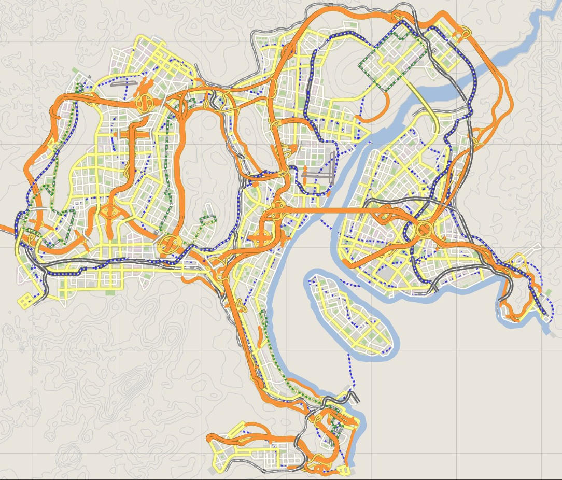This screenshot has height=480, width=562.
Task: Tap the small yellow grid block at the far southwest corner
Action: tap(25, 300)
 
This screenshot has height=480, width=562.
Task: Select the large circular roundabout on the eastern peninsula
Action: tap(424, 229)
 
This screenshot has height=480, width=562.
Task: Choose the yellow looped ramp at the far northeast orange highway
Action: tap(463, 34)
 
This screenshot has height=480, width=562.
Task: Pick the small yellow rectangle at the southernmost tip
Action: tap(343, 470)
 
